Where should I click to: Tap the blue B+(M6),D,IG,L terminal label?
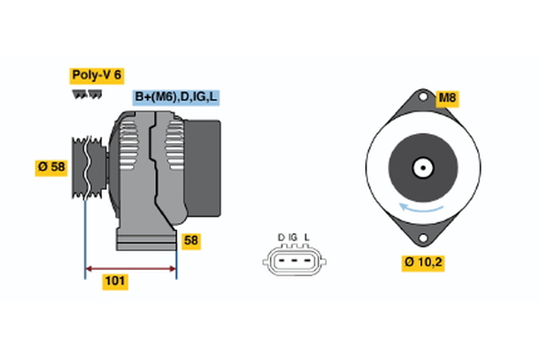(175, 97)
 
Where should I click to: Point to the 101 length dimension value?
(114, 282)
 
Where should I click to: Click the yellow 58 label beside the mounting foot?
(191, 241)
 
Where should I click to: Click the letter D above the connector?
(281, 238)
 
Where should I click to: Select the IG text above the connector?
(293, 238)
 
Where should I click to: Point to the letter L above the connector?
(307, 238)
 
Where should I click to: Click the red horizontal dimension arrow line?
(130, 267)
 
